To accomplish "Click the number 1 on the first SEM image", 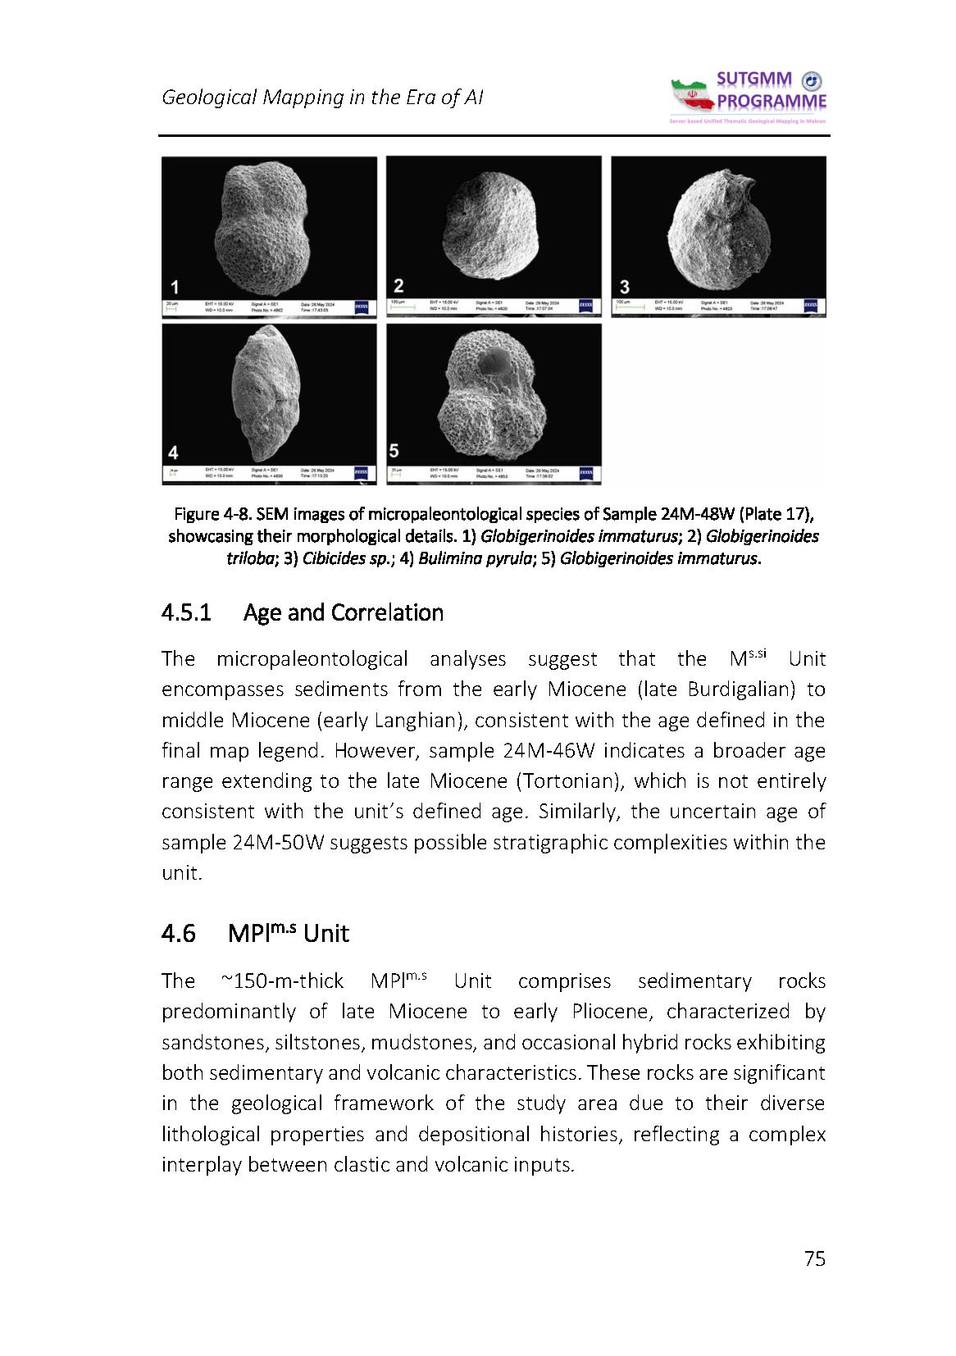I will (x=174, y=286).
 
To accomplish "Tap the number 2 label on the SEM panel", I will (x=398, y=285).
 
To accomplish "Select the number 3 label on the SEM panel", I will (x=624, y=286).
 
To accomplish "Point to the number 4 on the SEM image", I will (x=173, y=452).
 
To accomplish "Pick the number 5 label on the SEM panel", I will (x=394, y=450).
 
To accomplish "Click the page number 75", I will (x=814, y=1258).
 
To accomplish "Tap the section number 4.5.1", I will (x=187, y=612).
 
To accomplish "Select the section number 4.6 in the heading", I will (x=178, y=933).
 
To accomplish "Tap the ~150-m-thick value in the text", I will (x=283, y=981).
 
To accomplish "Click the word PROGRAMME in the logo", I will (x=772, y=102).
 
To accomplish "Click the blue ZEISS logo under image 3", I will (x=811, y=306).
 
